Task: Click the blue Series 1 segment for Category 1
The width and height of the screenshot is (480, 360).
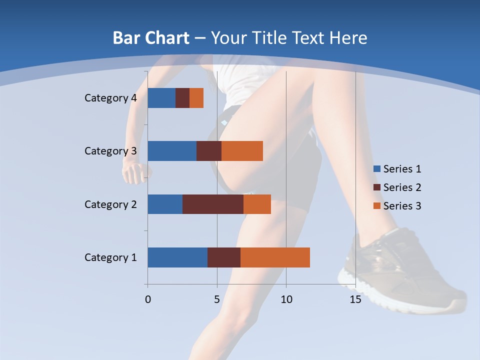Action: [x=177, y=257]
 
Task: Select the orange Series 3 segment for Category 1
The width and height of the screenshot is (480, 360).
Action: [x=275, y=257]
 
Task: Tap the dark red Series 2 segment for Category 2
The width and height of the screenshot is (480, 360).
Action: [x=213, y=204]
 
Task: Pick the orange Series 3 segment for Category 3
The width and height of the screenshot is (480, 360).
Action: [x=242, y=151]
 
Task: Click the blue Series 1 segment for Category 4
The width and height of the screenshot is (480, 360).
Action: [x=161, y=98]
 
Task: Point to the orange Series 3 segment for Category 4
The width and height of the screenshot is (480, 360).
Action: [x=196, y=98]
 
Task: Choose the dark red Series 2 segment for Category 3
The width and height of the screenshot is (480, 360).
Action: [x=209, y=151]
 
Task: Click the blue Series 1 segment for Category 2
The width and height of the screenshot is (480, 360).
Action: [x=165, y=204]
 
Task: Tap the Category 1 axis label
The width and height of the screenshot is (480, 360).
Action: [x=110, y=257]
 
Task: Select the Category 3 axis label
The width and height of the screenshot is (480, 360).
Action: [x=110, y=151]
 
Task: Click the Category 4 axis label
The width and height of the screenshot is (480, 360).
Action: [x=110, y=98]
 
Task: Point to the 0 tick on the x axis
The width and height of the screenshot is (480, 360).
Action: [x=148, y=299]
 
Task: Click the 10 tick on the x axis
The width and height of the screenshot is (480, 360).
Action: [x=286, y=299]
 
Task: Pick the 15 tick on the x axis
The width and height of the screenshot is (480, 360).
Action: [x=355, y=299]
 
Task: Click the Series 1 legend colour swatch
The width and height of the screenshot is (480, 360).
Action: [x=376, y=169]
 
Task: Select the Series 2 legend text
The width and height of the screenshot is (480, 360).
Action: [x=402, y=187]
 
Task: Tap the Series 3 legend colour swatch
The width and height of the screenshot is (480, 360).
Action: [x=376, y=206]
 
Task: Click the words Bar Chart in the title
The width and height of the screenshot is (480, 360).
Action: [x=151, y=38]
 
